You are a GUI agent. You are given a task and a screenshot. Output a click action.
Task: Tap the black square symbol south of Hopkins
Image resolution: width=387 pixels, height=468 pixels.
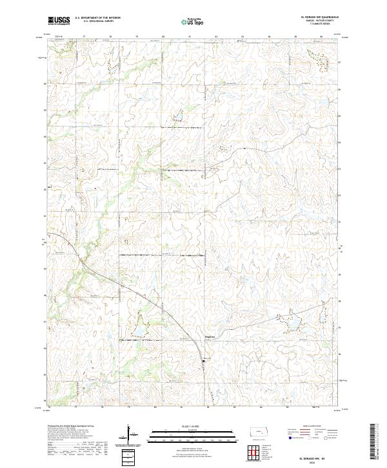205,361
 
